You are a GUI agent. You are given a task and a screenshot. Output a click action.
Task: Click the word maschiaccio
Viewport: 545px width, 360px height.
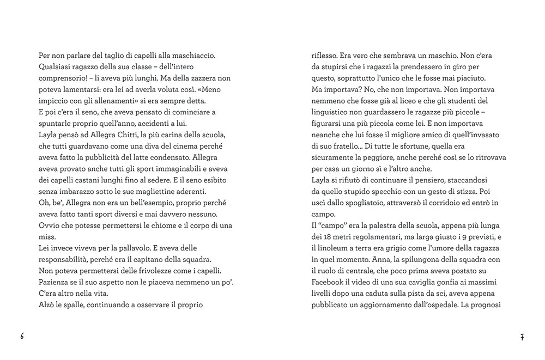tap(194, 56)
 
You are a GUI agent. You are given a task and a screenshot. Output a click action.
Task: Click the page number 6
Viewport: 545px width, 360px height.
tap(22, 336)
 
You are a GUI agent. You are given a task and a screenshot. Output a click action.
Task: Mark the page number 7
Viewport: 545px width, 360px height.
tap(522, 337)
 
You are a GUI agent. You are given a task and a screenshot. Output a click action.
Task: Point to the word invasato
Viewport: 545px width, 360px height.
tap(476, 135)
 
